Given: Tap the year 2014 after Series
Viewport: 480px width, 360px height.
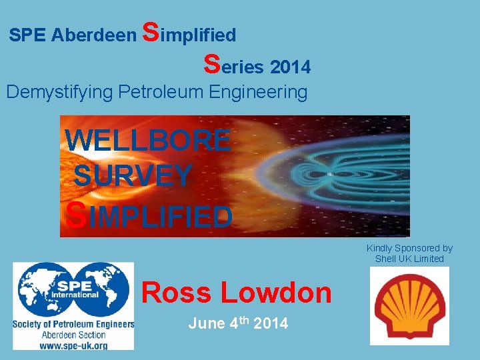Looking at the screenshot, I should pyautogui.click(x=291, y=67).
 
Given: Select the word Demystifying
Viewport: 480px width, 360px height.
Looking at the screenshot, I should pyautogui.click(x=59, y=92).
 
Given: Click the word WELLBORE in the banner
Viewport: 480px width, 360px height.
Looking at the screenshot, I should pyautogui.click(x=148, y=141).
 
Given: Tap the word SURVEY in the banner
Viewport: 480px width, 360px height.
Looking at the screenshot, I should pyautogui.click(x=133, y=176).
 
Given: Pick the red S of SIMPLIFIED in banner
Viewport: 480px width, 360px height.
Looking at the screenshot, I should pyautogui.click(x=77, y=215).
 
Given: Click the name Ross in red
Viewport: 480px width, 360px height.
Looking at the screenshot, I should pyautogui.click(x=176, y=293).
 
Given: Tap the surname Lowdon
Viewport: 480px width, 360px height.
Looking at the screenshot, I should pyautogui.click(x=275, y=293).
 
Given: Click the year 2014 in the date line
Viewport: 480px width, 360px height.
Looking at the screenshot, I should pyautogui.click(x=271, y=324).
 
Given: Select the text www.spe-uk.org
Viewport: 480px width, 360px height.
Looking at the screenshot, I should pyautogui.click(x=73, y=345).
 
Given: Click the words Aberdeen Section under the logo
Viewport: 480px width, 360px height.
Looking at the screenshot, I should pyautogui.click(x=73, y=335).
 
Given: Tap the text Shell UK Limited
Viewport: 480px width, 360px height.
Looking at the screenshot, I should pyautogui.click(x=409, y=259).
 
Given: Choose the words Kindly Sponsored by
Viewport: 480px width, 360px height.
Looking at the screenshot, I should pyautogui.click(x=409, y=248).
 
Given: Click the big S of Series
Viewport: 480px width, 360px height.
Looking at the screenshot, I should pyautogui.click(x=212, y=63).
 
